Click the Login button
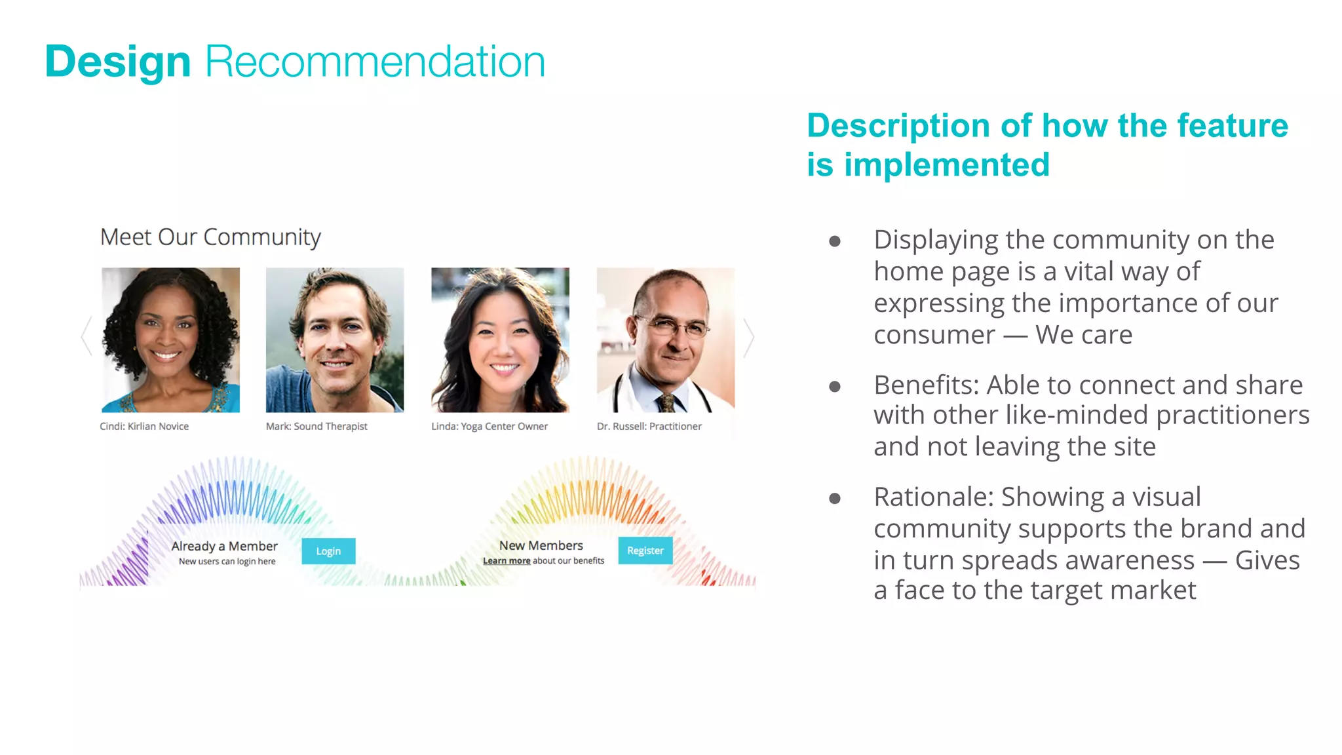[328, 551]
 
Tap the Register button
[645, 551]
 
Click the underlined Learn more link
[507, 561]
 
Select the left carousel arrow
[86, 336]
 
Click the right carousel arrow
[749, 338]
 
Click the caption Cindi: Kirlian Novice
[144, 427]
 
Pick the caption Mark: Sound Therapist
[316, 427]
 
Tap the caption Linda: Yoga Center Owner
[489, 427]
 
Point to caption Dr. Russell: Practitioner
[649, 427]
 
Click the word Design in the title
[118, 62]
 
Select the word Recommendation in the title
[375, 62]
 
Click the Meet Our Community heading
[210, 237]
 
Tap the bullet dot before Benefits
[835, 387]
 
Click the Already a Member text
[224, 546]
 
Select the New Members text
[541, 545]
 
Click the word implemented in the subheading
[947, 165]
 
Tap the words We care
[1084, 335]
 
